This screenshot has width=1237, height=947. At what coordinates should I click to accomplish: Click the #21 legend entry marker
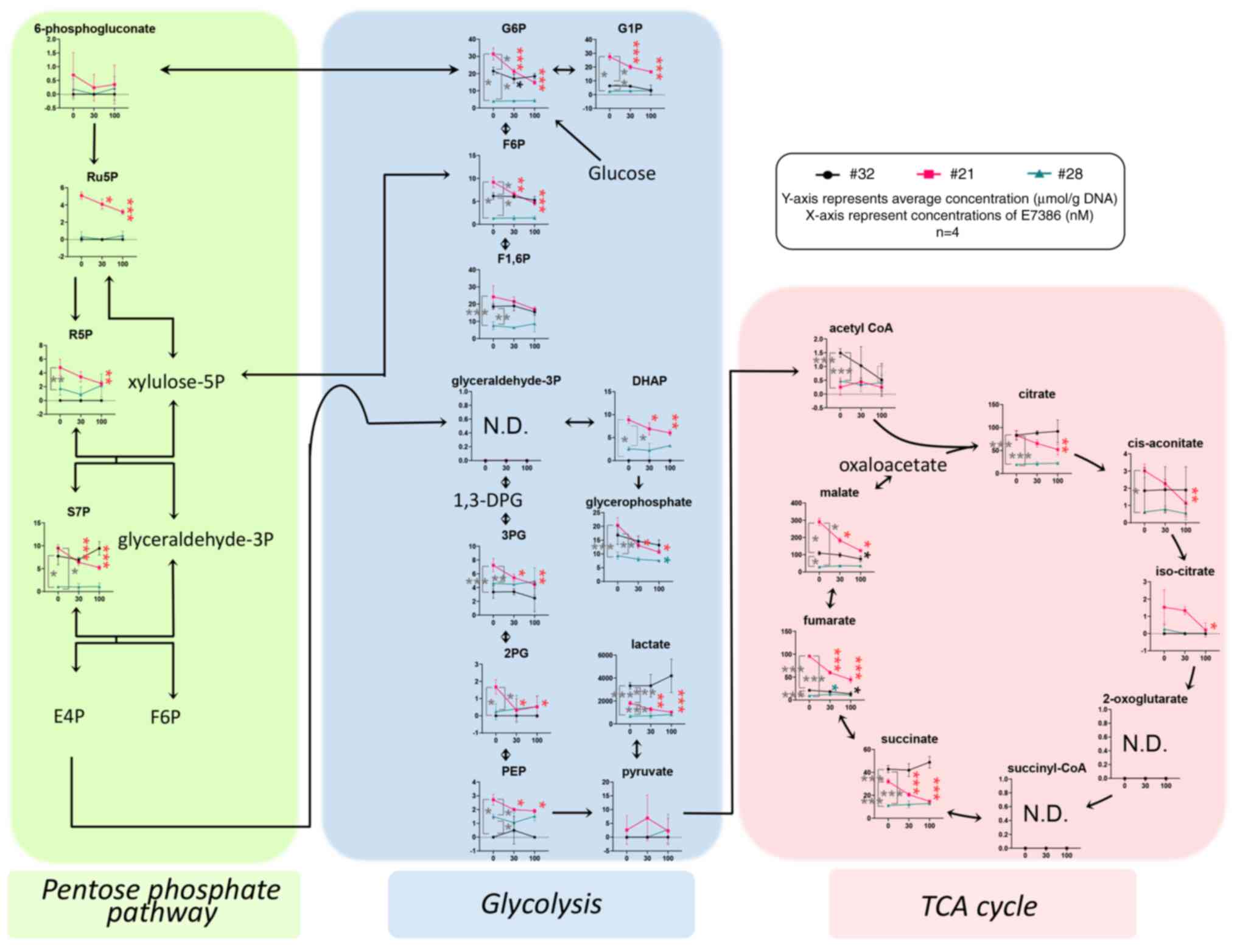coord(929,175)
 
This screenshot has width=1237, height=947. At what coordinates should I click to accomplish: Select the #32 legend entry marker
coord(827,175)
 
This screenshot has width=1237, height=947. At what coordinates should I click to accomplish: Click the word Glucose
coord(622,173)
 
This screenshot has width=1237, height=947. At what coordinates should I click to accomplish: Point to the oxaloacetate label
coord(892,465)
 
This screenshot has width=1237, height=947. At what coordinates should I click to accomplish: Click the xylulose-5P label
coord(176,382)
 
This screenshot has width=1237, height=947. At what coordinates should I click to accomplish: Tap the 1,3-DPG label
coord(488,500)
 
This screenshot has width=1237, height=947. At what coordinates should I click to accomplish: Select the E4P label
coord(69,716)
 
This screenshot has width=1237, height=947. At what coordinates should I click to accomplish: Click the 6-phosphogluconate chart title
coord(94,29)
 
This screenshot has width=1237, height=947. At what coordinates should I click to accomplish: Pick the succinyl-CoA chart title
coord(1046,768)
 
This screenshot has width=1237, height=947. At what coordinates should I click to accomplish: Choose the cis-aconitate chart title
coord(1165,443)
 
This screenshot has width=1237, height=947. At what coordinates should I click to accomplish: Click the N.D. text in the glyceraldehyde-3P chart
coord(505,426)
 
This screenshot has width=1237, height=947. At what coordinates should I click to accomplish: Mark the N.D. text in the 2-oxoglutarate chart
coord(1144,743)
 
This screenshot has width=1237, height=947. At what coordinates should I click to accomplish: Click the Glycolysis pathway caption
coord(541,904)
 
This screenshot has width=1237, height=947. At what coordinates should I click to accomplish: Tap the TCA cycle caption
coord(979,906)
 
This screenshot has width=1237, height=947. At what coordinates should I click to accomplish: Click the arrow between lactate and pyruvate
coord(636,749)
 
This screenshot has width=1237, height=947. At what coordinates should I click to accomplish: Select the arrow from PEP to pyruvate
coord(572,812)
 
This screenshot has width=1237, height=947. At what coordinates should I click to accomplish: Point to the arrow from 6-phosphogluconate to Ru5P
coord(94,144)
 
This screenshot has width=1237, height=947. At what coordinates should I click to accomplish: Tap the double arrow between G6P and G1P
coord(564,70)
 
